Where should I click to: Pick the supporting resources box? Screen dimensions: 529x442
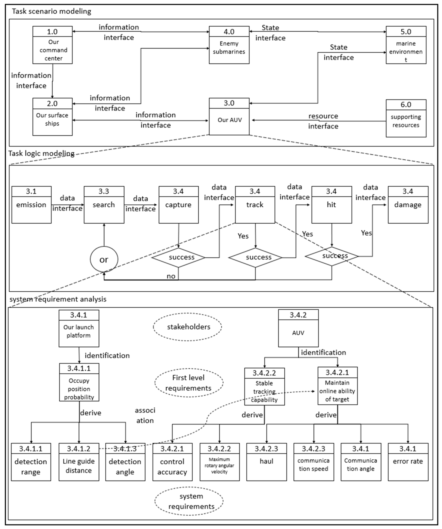[x=406, y=118]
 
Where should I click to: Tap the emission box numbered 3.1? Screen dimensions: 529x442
[x=31, y=205]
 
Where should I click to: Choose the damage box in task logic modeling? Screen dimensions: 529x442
[x=408, y=205]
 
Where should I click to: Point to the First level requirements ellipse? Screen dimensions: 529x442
[x=189, y=383]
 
